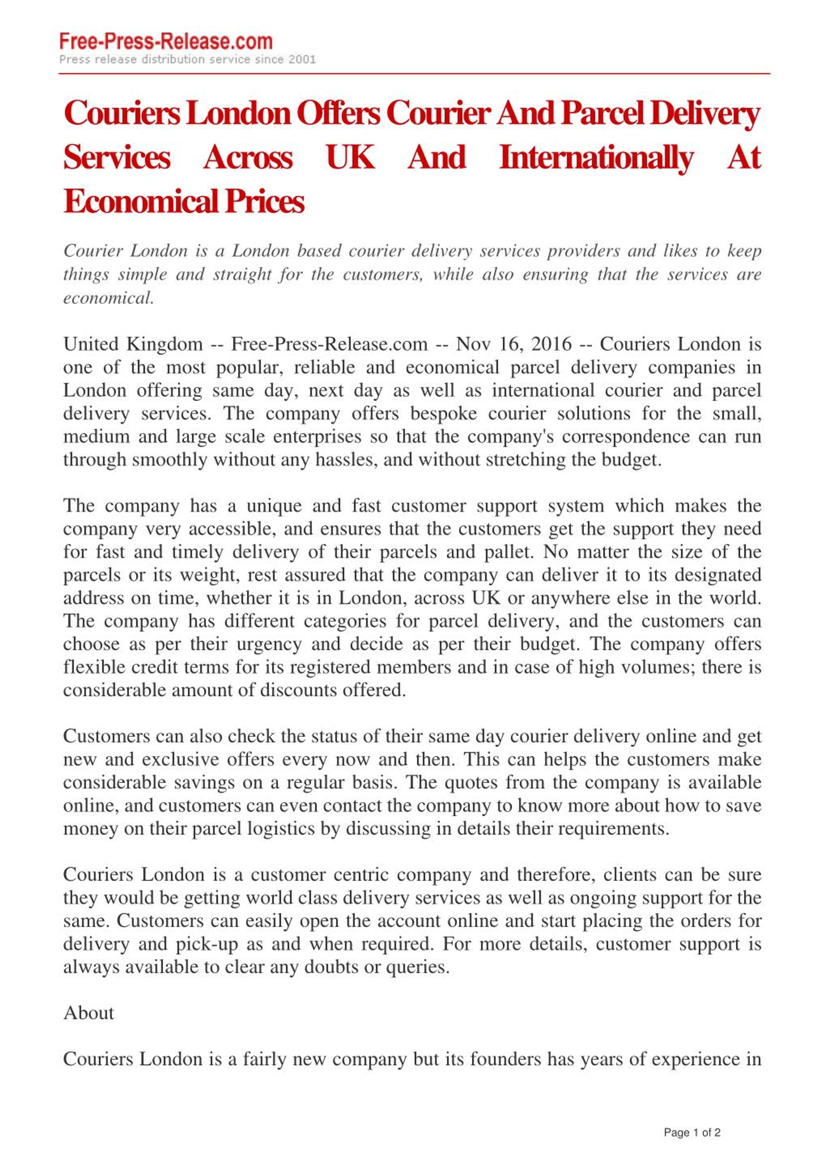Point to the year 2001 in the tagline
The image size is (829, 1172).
[x=302, y=60]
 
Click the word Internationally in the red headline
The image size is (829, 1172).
[x=596, y=157]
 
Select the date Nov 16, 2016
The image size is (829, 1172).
[x=514, y=344]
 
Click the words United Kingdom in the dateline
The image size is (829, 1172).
[x=133, y=344]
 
